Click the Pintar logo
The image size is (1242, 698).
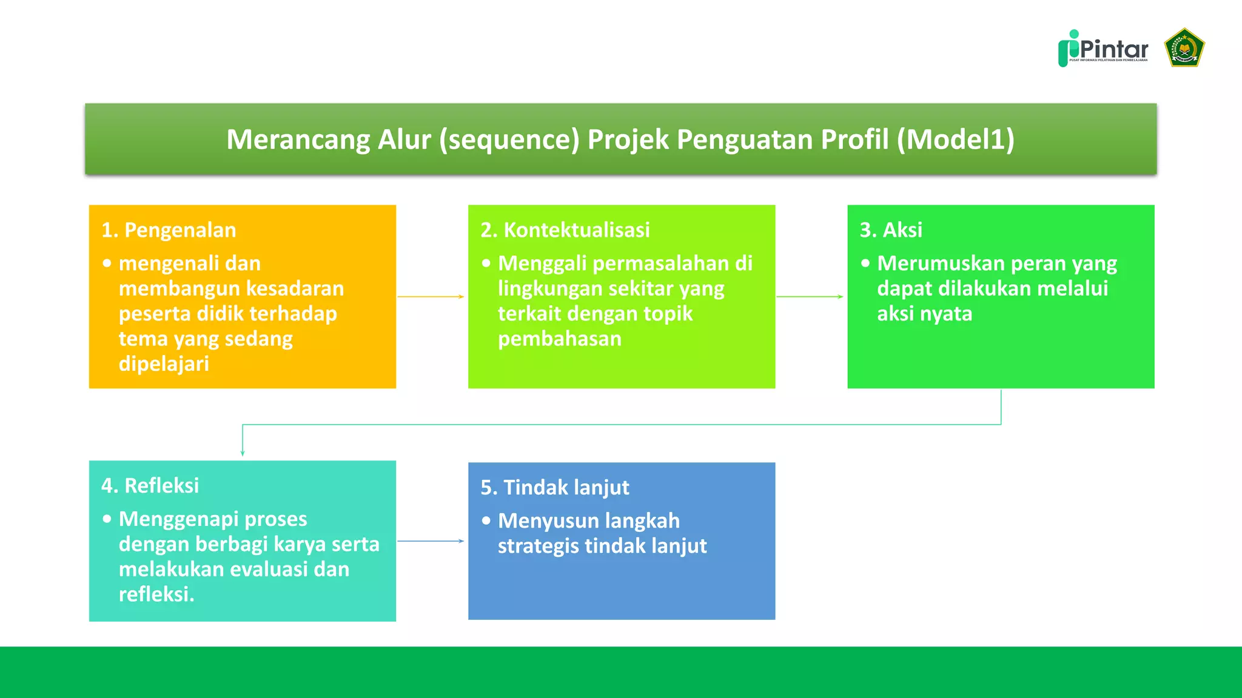(x=1103, y=48)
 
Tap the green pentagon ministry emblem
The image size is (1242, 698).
(x=1184, y=47)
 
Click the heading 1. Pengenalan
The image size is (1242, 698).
(x=169, y=230)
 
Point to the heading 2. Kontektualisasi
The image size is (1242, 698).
(x=565, y=230)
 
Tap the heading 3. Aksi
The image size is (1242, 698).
(x=890, y=230)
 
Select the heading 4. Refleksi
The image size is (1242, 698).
(x=150, y=486)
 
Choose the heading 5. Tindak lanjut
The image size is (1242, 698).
(x=554, y=488)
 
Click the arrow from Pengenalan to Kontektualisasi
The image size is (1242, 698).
(x=431, y=297)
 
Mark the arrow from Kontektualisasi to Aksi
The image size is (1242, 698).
(x=810, y=297)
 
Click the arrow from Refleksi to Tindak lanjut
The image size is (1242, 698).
(x=431, y=541)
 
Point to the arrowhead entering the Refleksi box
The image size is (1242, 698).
(x=243, y=453)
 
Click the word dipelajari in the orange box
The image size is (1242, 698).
(x=164, y=364)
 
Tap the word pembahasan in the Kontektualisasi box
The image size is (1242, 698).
(x=559, y=339)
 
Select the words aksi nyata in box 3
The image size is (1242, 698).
(x=924, y=314)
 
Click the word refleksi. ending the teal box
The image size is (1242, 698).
(x=156, y=594)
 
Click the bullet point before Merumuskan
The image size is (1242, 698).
(x=865, y=264)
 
